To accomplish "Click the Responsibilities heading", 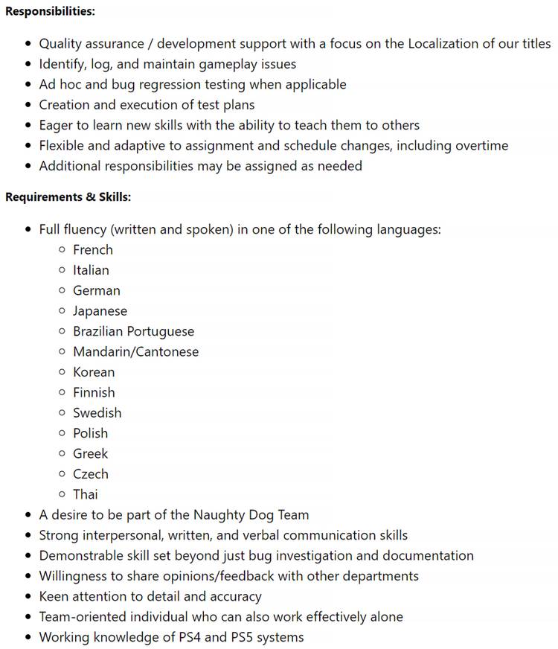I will (x=50, y=12).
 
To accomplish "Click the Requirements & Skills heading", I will (x=68, y=197).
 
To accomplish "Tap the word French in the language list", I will (x=93, y=250).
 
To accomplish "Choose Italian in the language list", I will (x=91, y=270).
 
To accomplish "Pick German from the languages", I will (x=96, y=291).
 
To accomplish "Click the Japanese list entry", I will (x=100, y=311).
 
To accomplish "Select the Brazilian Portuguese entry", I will (x=133, y=331).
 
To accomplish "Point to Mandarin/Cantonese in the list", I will (x=135, y=352).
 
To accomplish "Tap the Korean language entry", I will (x=94, y=372).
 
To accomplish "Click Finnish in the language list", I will (x=94, y=392).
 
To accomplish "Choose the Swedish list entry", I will (x=97, y=413).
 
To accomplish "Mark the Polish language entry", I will (x=90, y=433).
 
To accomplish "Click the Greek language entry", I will (x=90, y=453).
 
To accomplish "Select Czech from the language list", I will (x=90, y=474).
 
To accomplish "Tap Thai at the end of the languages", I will (x=85, y=494).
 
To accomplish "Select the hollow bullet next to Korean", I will (x=62, y=372).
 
